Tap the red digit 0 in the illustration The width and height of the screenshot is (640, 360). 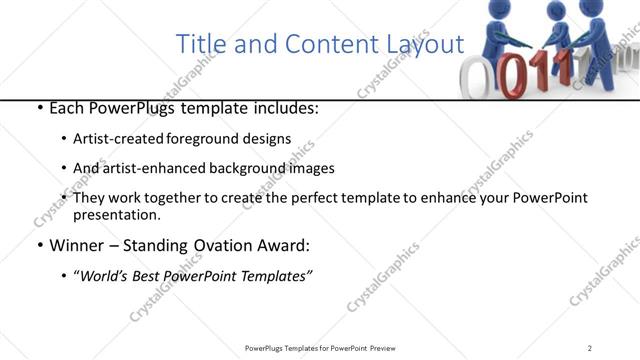tap(512, 79)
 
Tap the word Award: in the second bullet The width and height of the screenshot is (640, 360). tap(287, 245)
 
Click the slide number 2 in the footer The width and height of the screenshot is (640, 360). tap(589, 347)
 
